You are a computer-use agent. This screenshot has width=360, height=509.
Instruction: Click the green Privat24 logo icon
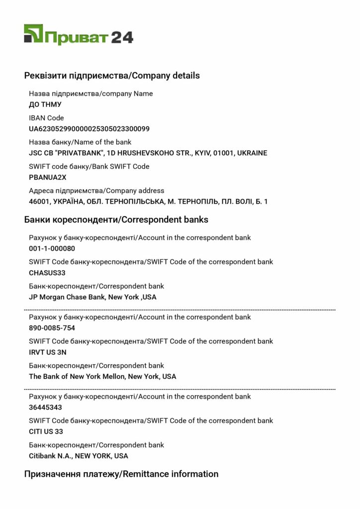point(33,34)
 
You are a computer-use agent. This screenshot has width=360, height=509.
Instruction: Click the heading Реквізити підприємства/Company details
point(112,76)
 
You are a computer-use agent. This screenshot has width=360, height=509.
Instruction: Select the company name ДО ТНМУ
point(45,104)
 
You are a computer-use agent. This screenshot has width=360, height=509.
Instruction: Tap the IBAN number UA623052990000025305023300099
point(89,129)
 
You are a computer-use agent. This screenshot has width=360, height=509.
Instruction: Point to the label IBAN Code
point(46,118)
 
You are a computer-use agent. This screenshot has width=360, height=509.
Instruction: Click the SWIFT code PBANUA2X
point(48,177)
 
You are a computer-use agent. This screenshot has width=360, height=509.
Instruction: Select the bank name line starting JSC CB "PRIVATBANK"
point(148,153)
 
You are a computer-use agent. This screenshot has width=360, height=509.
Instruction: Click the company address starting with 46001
point(148,201)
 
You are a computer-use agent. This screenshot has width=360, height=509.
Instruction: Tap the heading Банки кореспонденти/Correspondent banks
point(116,219)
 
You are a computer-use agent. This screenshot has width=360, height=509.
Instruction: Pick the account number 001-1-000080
point(52,249)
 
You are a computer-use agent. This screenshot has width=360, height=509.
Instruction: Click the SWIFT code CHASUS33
point(47,273)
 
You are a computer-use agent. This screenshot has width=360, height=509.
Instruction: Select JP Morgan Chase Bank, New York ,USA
point(92,297)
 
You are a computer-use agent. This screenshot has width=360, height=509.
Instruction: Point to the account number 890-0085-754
point(52,328)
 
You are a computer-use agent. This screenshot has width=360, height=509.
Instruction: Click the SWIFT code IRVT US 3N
point(48,352)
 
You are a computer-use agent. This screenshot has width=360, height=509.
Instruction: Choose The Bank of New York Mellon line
point(102,376)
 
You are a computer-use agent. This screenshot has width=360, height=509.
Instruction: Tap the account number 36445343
point(45,407)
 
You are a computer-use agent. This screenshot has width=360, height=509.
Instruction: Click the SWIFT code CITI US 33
point(46,431)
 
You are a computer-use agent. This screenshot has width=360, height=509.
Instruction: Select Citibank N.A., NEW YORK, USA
point(79,456)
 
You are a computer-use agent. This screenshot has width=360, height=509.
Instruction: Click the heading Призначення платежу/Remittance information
point(121,474)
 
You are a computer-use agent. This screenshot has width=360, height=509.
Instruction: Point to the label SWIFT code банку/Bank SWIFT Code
point(89,166)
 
